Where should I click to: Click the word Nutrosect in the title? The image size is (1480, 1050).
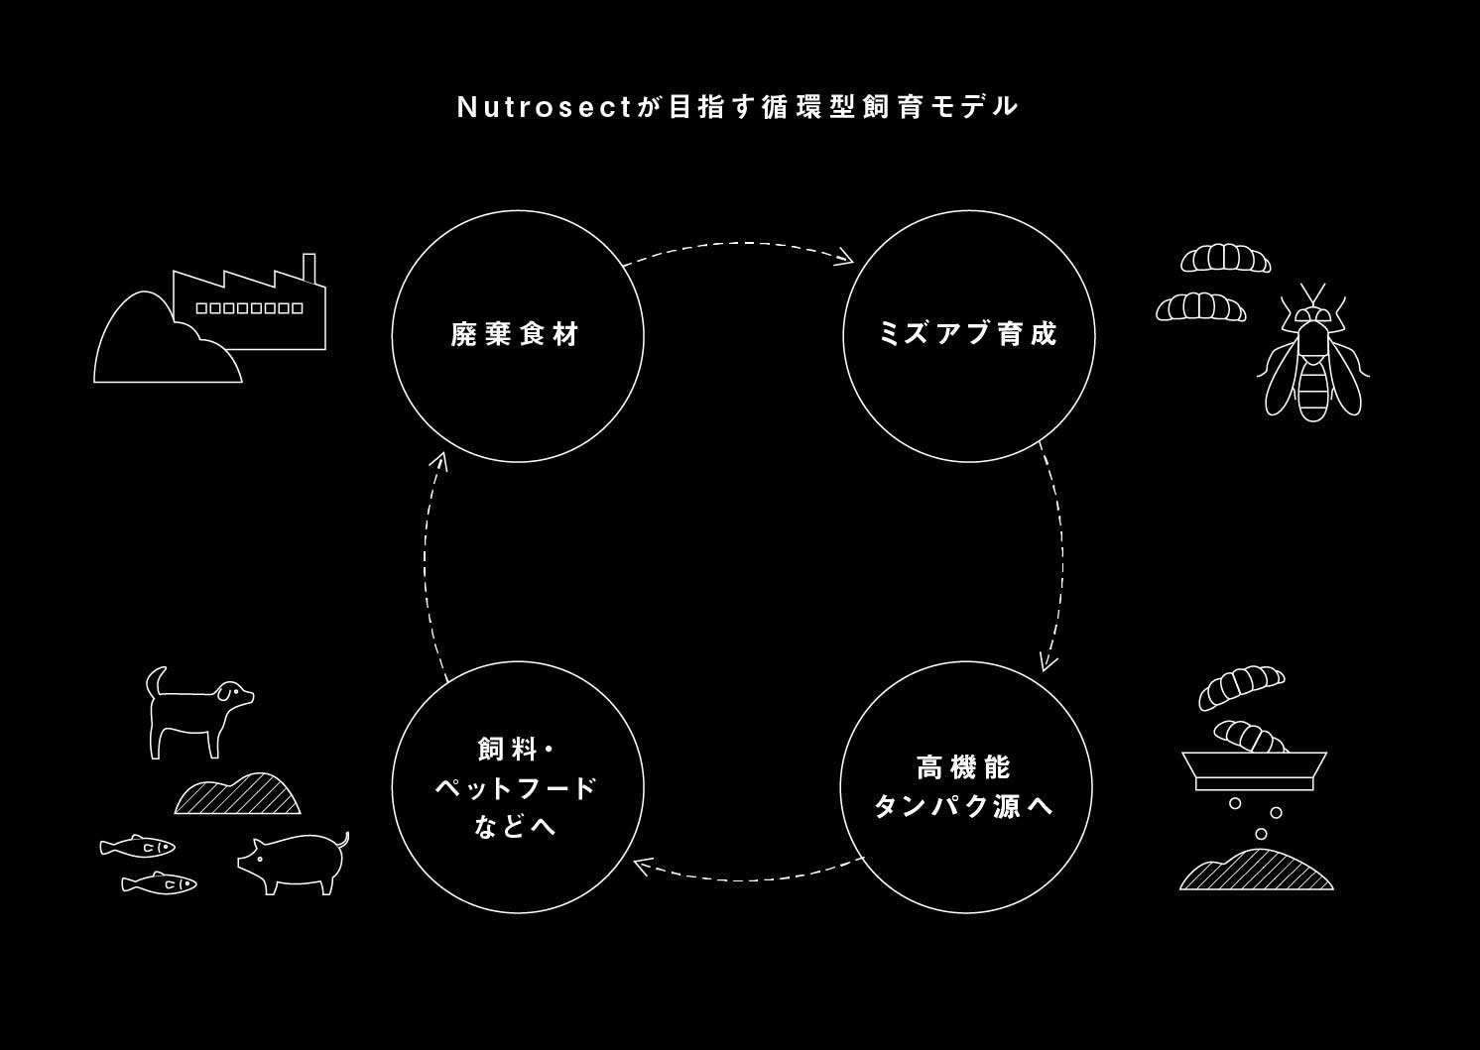point(544,107)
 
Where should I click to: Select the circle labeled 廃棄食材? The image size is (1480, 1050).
point(518,335)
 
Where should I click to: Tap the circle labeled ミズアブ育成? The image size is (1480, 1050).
point(968,335)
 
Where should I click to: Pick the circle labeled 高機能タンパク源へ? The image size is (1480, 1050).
point(966,787)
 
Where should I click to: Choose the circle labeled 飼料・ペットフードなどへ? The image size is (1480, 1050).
point(518,787)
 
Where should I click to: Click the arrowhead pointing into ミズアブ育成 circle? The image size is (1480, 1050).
point(846,260)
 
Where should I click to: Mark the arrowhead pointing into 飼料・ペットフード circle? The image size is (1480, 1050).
point(641,867)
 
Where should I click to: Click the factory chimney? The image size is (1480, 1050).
point(308,269)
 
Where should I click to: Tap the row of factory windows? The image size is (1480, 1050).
point(249,308)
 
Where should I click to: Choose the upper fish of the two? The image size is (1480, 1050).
point(137,846)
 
